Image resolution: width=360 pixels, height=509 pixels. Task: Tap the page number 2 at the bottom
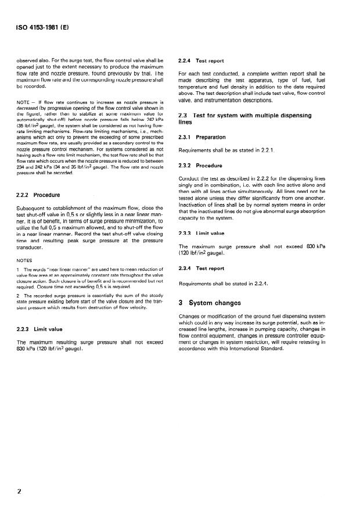pos(19,491)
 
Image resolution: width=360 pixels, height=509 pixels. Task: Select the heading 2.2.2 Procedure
pos(37,195)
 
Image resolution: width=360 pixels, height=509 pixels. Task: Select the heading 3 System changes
pos(214,303)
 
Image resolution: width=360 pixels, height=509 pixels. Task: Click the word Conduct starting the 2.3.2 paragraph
pos(189,177)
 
